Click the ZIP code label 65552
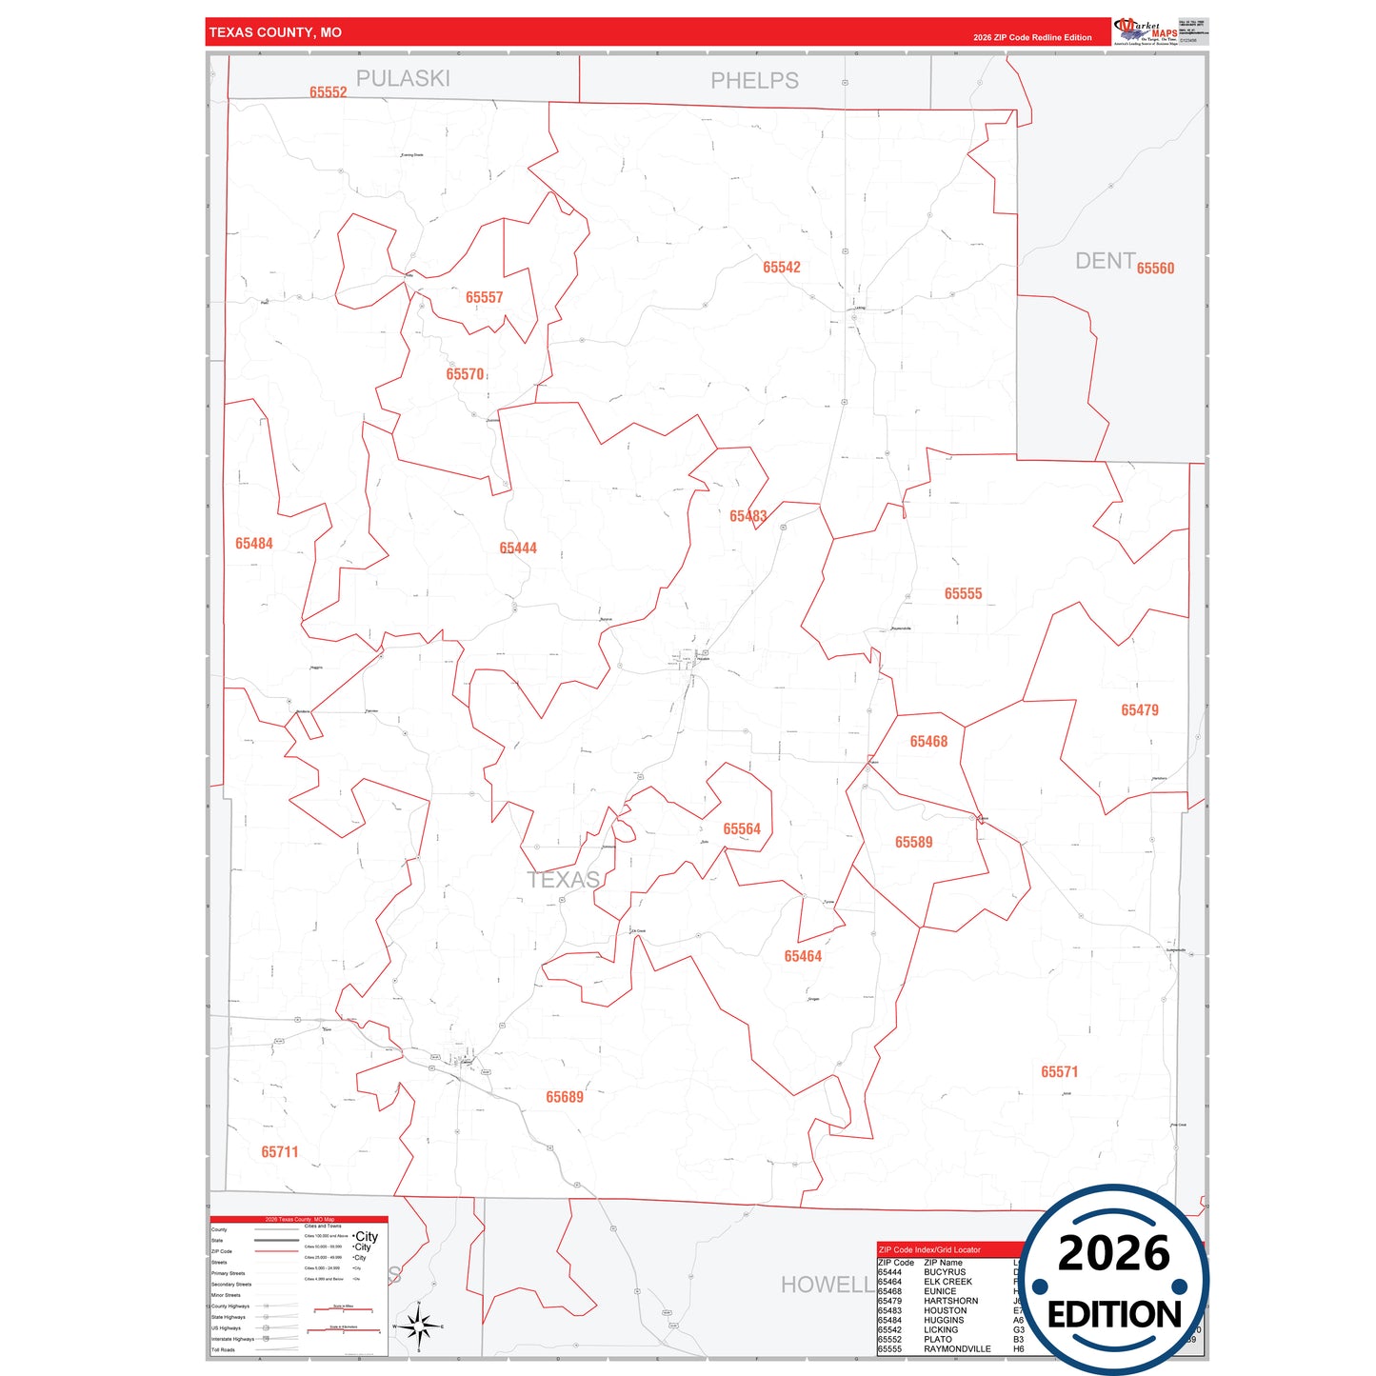point(328,92)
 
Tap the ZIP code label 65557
point(484,298)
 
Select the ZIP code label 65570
point(465,374)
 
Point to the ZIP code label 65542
point(781,268)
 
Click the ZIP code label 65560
point(1155,269)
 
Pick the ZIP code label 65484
point(254,544)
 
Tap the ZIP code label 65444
point(518,548)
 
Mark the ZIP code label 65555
point(963,594)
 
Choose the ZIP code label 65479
point(1139,710)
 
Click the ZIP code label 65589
point(913,843)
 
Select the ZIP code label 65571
point(1059,1072)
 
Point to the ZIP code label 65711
point(280,1152)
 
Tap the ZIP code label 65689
point(565,1098)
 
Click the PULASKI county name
point(403,79)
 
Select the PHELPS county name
point(754,81)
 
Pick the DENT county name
point(1105,261)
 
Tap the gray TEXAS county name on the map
point(564,880)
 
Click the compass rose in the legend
point(418,1325)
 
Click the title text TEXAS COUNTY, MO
point(275,32)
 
